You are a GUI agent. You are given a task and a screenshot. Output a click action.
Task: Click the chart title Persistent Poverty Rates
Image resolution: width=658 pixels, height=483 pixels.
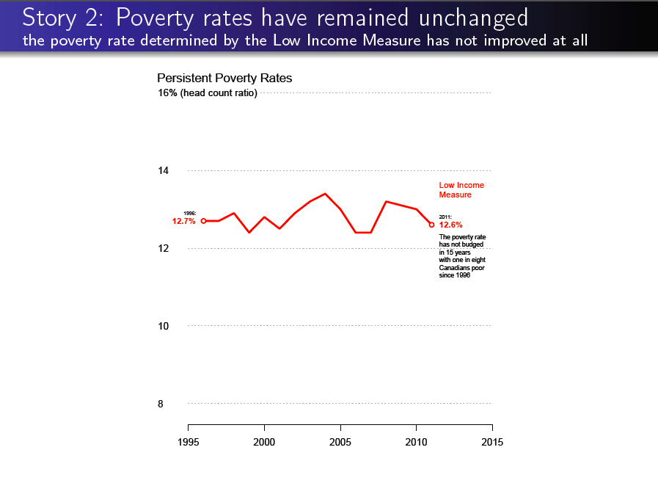point(224,78)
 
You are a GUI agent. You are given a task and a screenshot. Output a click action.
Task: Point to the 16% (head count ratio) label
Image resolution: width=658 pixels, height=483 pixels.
point(208,93)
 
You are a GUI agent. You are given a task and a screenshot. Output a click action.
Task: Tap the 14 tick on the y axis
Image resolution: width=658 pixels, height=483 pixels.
point(164,171)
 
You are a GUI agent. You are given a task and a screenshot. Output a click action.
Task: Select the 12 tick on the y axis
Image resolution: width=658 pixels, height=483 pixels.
point(164,248)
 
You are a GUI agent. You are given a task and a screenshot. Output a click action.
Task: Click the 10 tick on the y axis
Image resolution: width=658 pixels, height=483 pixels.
point(164,326)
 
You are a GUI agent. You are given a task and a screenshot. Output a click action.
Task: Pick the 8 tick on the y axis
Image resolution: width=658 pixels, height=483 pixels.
point(161,404)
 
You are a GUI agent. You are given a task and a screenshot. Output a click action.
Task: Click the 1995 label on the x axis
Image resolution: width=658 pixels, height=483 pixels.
point(189,442)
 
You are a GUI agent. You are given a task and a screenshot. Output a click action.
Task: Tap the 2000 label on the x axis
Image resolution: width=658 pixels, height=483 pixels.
point(264,442)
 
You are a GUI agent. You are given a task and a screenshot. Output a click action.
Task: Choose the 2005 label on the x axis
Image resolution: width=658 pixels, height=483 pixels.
point(340,442)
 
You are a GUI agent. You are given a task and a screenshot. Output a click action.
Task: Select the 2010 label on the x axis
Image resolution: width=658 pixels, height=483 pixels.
point(416,442)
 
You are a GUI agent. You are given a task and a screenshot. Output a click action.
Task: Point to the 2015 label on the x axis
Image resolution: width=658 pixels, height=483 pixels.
point(492,442)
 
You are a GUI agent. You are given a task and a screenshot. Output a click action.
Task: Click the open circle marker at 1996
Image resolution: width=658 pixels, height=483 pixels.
point(203,221)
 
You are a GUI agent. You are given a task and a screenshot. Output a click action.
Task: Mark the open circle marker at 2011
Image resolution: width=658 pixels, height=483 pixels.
point(431,225)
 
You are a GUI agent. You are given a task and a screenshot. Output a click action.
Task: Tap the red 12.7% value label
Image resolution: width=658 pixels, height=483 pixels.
point(183,221)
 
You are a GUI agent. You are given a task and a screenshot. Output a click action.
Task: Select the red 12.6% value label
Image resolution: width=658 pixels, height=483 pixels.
point(450,225)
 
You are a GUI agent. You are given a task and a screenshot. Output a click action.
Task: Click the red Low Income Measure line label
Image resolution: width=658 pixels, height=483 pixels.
point(461,190)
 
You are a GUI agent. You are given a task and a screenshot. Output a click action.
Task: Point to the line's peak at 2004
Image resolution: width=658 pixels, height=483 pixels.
point(325,194)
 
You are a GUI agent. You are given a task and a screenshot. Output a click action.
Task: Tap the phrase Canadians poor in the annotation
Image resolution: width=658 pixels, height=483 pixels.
point(461,268)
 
